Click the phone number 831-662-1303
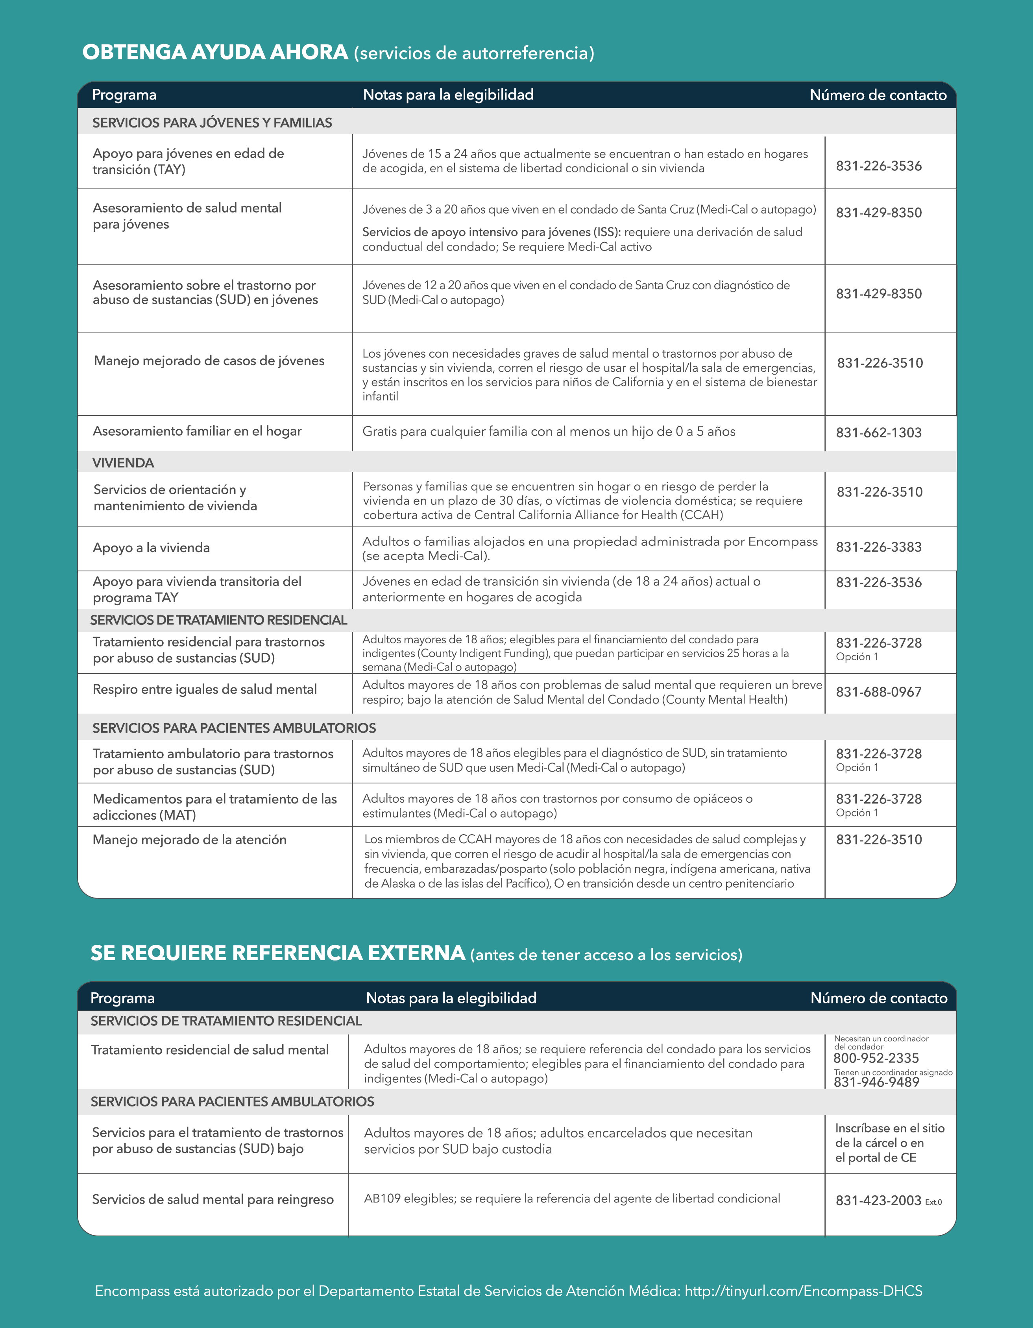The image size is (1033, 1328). pyautogui.click(x=879, y=432)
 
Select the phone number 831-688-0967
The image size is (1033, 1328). pyautogui.click(x=879, y=692)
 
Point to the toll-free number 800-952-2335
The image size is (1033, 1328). pyautogui.click(x=876, y=1058)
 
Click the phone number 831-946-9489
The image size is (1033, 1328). pyautogui.click(x=876, y=1082)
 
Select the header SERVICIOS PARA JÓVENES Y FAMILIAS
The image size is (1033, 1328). pyautogui.click(x=212, y=123)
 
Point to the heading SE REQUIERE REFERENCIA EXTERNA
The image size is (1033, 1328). pyautogui.click(x=278, y=953)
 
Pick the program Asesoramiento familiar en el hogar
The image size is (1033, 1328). pyautogui.click(x=197, y=431)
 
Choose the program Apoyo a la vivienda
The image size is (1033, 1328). pyautogui.click(x=152, y=548)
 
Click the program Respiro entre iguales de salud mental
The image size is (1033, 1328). pyautogui.click(x=204, y=689)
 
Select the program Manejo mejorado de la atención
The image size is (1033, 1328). pyautogui.click(x=189, y=840)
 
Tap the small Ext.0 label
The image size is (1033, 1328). pyautogui.click(x=933, y=1202)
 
